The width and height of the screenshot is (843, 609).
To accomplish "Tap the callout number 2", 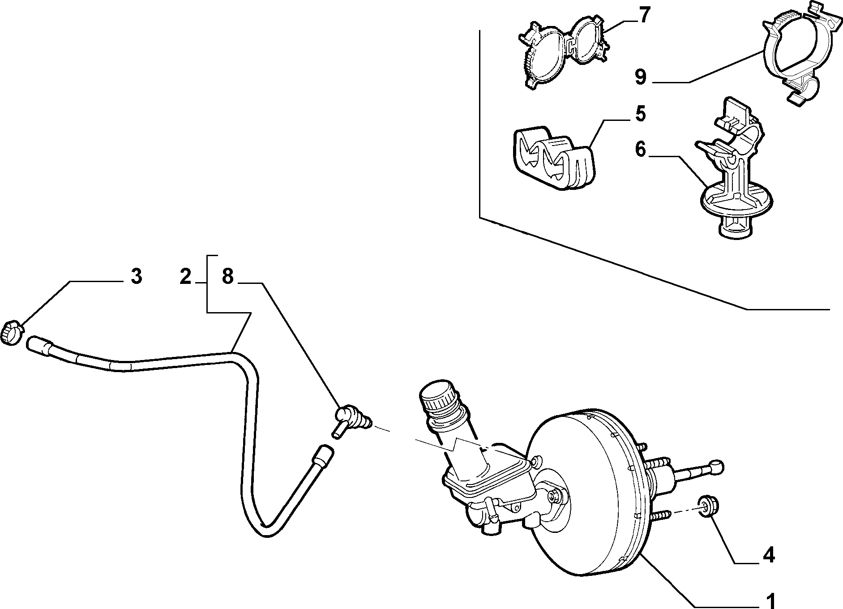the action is click(x=185, y=277).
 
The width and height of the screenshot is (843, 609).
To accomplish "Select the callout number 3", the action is click(x=136, y=277).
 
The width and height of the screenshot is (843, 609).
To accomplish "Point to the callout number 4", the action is click(x=768, y=555).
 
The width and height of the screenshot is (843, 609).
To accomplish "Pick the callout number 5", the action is click(x=641, y=114).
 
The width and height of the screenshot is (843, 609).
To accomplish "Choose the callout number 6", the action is click(x=641, y=150).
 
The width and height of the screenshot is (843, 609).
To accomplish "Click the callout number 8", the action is click(x=227, y=277).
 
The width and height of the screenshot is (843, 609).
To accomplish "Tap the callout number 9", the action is click(x=641, y=77).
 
